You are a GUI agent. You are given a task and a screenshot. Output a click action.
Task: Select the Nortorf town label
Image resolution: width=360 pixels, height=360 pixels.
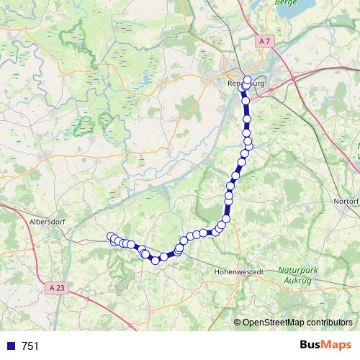tap(344, 200)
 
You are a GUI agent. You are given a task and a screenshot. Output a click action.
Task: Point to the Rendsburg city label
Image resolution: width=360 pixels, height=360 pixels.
tap(244, 82)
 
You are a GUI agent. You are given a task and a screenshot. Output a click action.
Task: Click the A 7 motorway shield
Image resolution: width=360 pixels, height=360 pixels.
tap(265, 43)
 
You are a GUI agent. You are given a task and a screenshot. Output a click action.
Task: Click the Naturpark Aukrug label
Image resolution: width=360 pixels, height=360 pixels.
tap(299, 274)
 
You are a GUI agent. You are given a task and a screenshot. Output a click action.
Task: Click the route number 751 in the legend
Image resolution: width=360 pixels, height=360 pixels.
tap(30, 346)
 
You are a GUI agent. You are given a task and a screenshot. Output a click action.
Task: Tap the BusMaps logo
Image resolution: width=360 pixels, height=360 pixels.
tap(325, 345)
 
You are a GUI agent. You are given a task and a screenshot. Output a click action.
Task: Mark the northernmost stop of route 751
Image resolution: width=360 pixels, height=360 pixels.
tap(248, 79)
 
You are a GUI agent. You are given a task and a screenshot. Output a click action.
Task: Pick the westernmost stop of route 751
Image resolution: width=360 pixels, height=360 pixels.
tap(111, 236)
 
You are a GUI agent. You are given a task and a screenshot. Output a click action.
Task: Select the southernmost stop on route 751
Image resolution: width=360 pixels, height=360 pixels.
tap(155, 259)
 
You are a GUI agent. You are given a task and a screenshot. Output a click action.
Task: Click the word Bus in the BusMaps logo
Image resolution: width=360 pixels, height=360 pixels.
tap(312, 345)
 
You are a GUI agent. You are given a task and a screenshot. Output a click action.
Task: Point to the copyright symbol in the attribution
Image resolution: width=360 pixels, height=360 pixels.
tap(238, 322)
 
